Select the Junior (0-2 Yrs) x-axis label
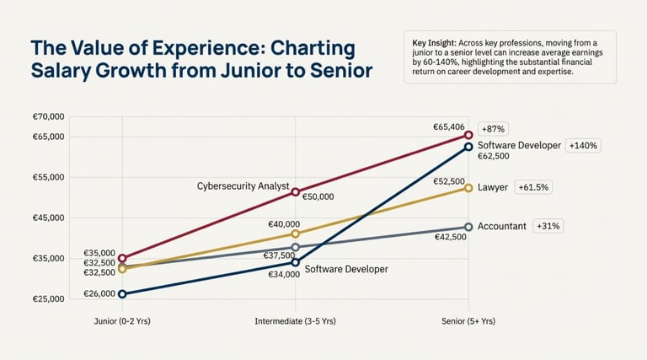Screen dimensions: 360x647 click(122, 321)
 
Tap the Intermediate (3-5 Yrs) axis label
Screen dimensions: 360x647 click(295, 321)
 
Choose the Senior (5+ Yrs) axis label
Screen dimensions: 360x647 click(468, 321)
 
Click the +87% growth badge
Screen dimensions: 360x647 click(491, 129)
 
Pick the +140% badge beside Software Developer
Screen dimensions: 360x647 click(583, 145)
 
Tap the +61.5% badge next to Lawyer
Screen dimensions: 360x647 click(533, 187)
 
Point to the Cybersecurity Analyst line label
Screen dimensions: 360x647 click(243, 185)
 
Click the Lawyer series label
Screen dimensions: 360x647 click(493, 187)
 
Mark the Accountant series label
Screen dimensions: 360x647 click(502, 226)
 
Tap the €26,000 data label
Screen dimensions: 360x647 click(99, 294)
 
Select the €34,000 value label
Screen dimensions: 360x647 click(284, 275)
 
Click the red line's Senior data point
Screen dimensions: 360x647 click(468, 135)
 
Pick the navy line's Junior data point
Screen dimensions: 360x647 click(122, 294)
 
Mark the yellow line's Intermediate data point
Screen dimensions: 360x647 click(295, 234)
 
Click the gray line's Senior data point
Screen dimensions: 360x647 click(468, 227)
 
